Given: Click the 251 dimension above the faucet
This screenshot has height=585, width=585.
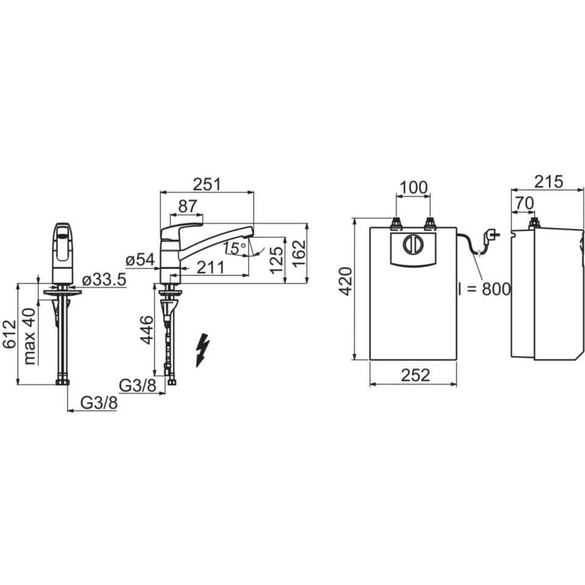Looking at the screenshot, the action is pos(207,184).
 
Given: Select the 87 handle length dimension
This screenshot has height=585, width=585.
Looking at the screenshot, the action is pos(187,206).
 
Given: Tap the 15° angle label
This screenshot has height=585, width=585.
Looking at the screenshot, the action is pos(235,248).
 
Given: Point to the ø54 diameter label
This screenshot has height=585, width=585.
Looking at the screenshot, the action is pos(140,260).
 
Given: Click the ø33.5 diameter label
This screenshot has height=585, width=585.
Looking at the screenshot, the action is pos(104,280).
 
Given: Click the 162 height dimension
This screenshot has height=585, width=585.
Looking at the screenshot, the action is pos(299,253).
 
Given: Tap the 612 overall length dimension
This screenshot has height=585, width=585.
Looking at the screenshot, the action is pos(9,334).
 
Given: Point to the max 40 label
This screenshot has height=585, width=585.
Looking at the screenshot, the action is pos(29,336).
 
